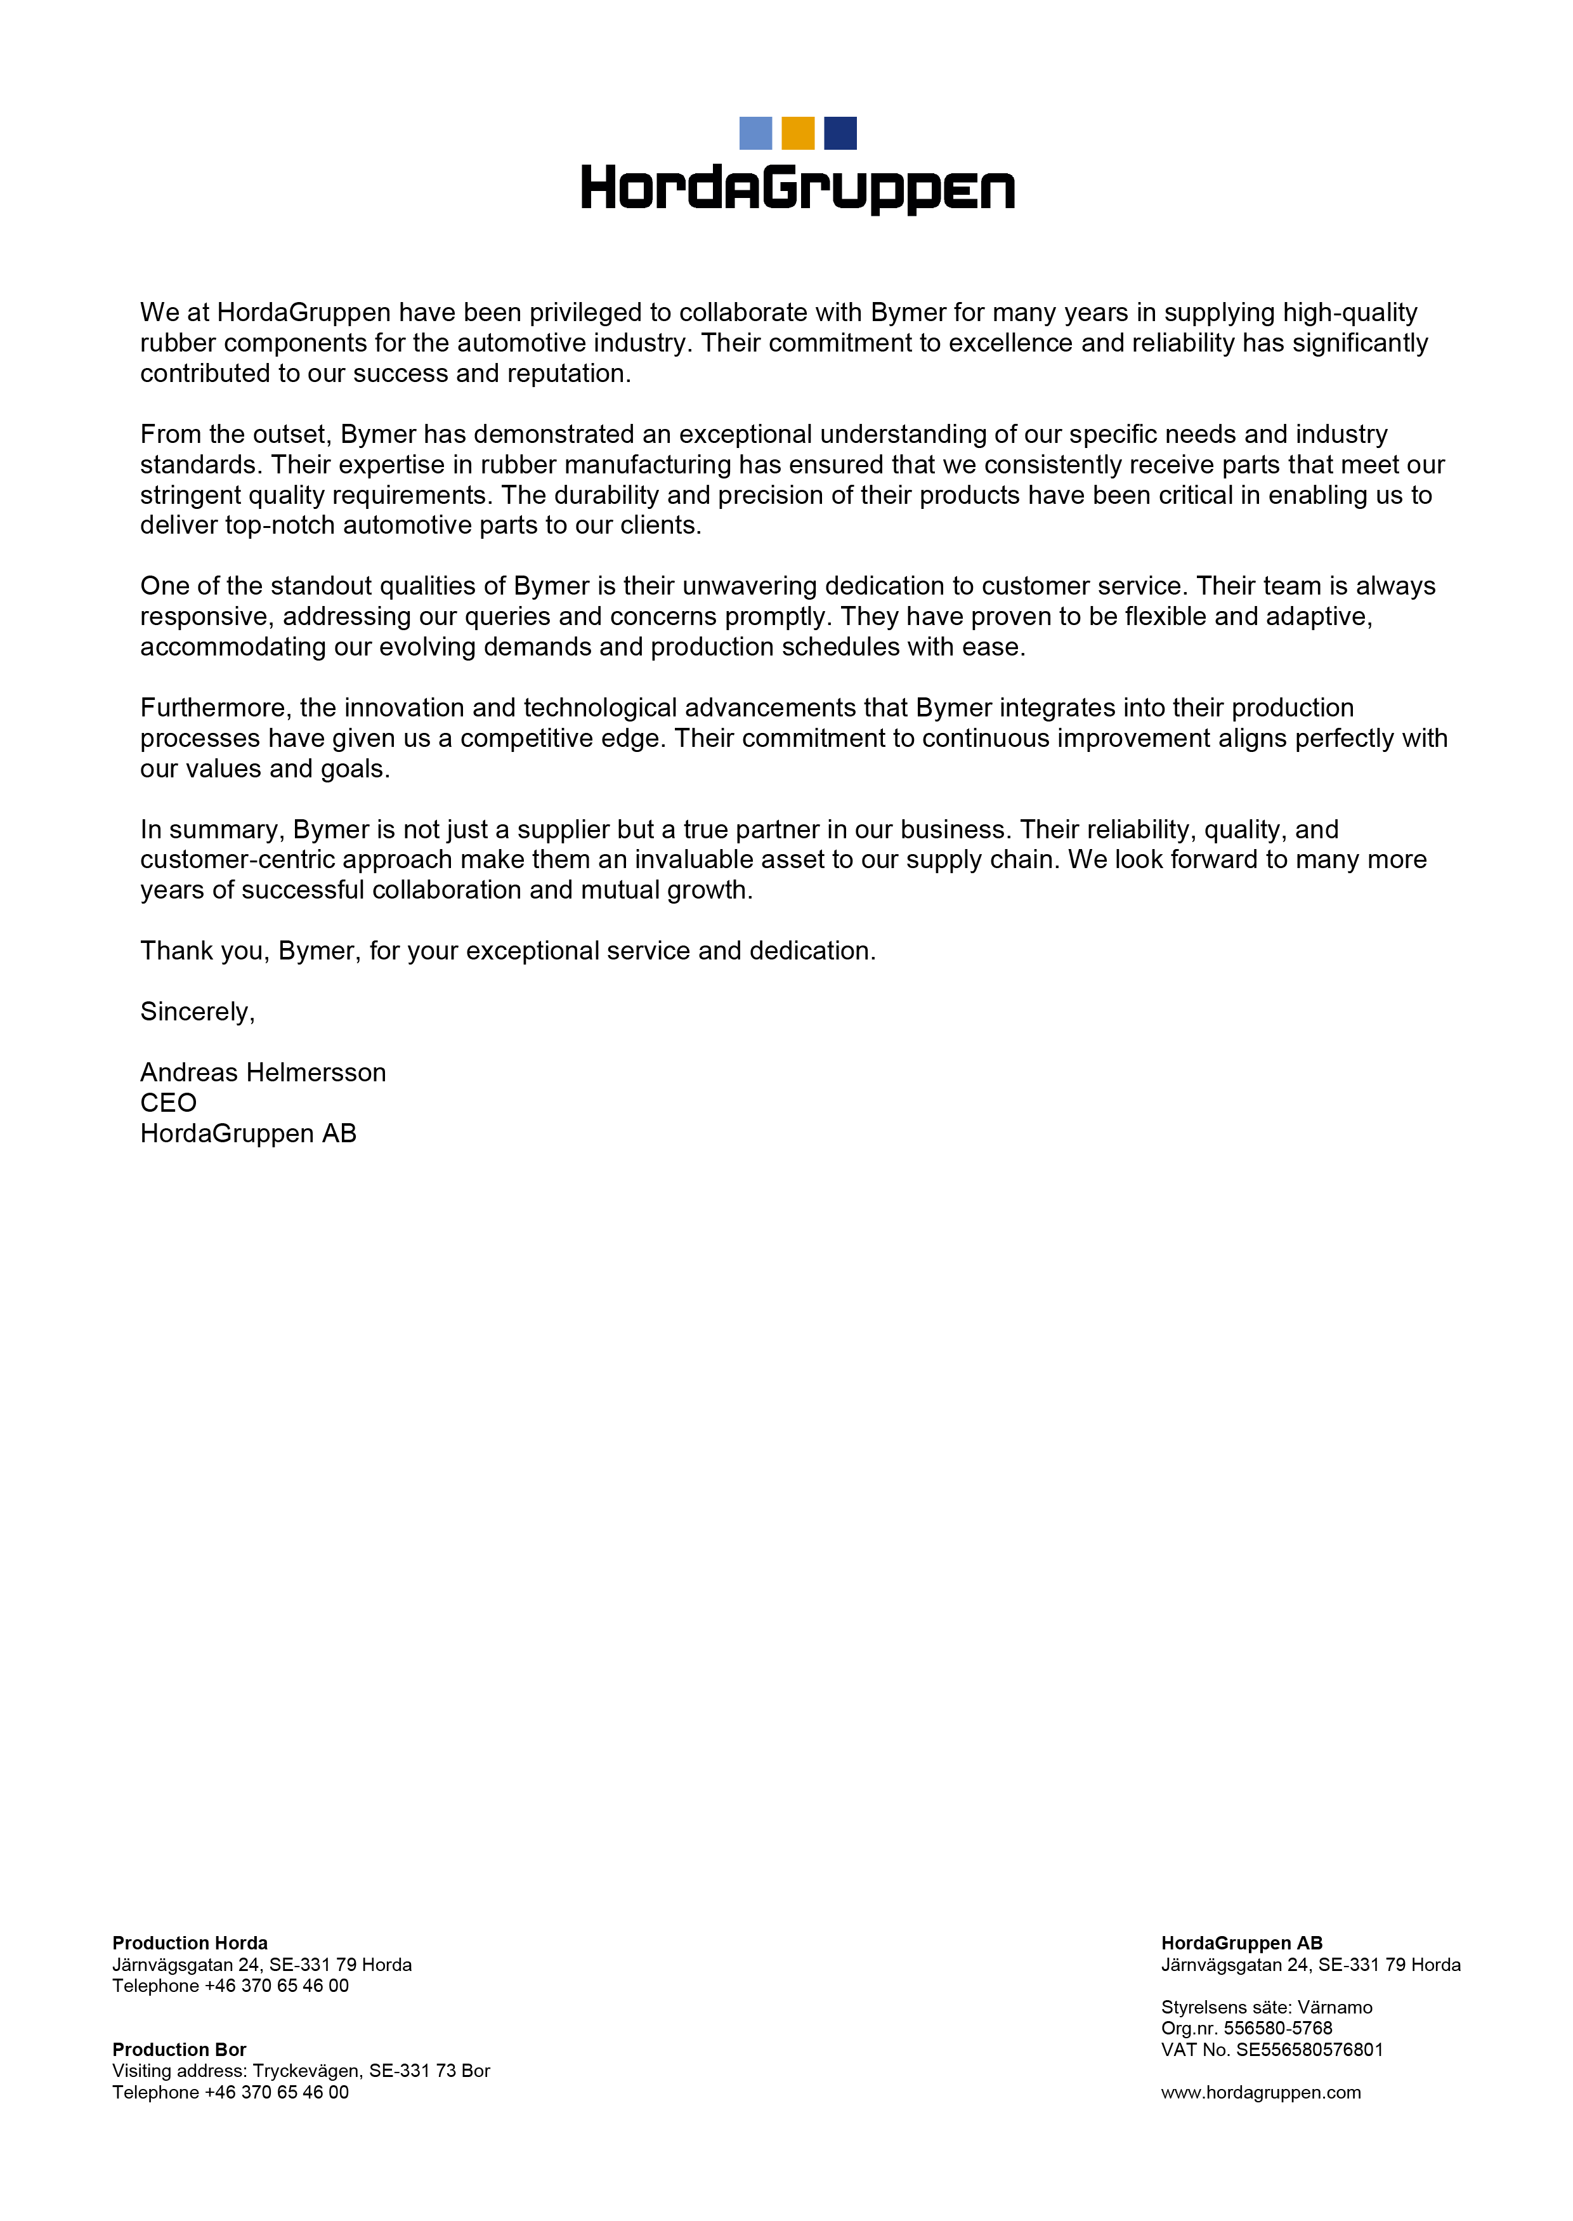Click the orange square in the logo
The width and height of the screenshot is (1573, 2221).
pyautogui.click(x=797, y=133)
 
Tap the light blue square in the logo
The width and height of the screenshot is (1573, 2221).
pyautogui.click(x=755, y=133)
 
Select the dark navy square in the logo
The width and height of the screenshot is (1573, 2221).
pyautogui.click(x=840, y=133)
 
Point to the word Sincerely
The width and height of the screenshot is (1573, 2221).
pyautogui.click(x=197, y=1012)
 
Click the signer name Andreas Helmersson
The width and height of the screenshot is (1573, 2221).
pyautogui.click(x=263, y=1072)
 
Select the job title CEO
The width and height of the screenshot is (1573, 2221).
pyautogui.click(x=169, y=1103)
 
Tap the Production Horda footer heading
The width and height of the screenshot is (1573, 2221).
pyautogui.click(x=190, y=1943)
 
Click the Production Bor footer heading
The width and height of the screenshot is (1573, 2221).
pyautogui.click(x=179, y=2050)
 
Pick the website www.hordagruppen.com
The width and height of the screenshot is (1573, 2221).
pyautogui.click(x=1261, y=2092)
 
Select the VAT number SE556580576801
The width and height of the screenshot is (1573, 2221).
pyautogui.click(x=1310, y=2050)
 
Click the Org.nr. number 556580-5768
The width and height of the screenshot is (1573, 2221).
pyautogui.click(x=1277, y=2028)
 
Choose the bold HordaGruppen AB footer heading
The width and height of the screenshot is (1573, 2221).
pyautogui.click(x=1242, y=1943)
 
